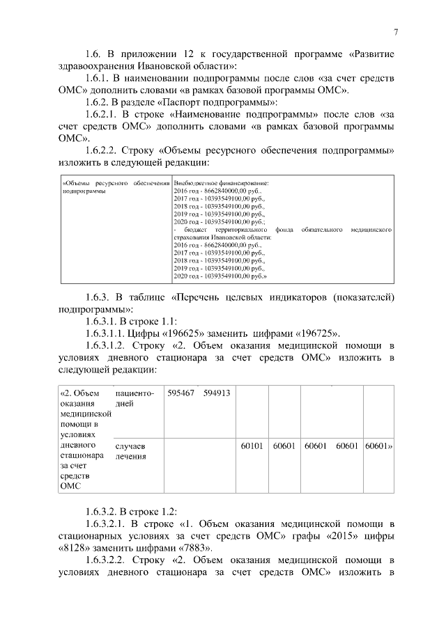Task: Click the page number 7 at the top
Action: [395, 32]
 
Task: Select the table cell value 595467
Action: [180, 393]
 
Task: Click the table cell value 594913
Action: [217, 393]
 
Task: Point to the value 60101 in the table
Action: [251, 443]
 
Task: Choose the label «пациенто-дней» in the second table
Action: [134, 399]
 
